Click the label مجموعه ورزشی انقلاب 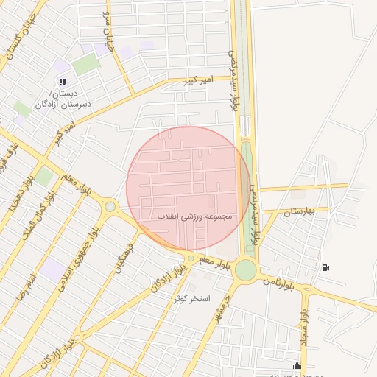[x=194, y=218]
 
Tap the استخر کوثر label [x=192, y=299]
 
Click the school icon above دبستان [x=63, y=82]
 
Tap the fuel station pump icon [x=325, y=267]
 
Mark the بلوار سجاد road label [x=305, y=327]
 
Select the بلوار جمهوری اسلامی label [x=79, y=258]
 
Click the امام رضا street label [x=29, y=280]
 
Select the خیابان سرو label [x=111, y=32]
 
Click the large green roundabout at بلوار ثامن [x=245, y=269]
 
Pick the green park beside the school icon [x=85, y=64]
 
